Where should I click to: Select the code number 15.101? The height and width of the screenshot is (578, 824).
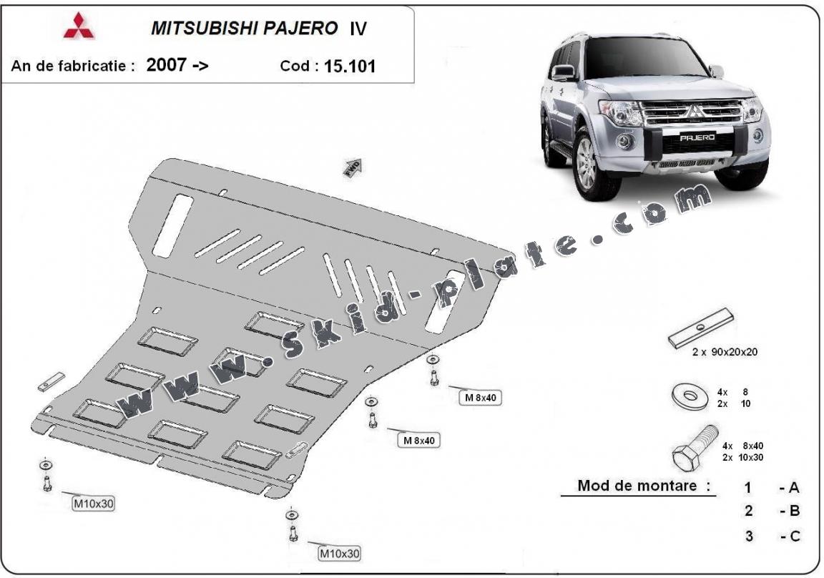(x=350, y=67)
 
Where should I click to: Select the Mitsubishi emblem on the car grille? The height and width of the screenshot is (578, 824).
(x=693, y=111)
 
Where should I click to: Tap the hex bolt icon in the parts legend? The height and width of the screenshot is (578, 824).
(x=695, y=446)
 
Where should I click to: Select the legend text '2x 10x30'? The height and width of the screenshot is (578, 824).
(x=742, y=457)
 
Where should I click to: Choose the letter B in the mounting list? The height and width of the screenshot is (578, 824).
(x=793, y=511)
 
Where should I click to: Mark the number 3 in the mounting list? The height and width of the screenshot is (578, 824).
(x=748, y=535)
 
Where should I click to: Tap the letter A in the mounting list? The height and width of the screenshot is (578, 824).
(x=793, y=488)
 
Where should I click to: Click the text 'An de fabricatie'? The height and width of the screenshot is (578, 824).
(x=72, y=67)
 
